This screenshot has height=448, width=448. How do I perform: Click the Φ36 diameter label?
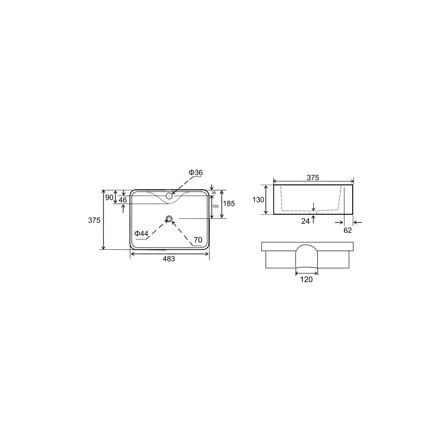click(x=196, y=172)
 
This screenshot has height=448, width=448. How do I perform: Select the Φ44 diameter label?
click(x=141, y=233)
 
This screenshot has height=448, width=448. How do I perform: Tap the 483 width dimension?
click(x=169, y=258)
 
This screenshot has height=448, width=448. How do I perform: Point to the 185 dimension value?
click(x=229, y=203)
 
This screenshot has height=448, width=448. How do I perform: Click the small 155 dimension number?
click(x=215, y=206)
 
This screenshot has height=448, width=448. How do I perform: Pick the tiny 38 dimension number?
click(x=214, y=193)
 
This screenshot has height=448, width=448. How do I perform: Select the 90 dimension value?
click(x=109, y=197)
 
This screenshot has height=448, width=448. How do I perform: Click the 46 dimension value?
click(x=123, y=200)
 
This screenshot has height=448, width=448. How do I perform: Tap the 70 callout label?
click(x=198, y=240)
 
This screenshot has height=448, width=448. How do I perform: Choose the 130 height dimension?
click(x=258, y=199)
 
